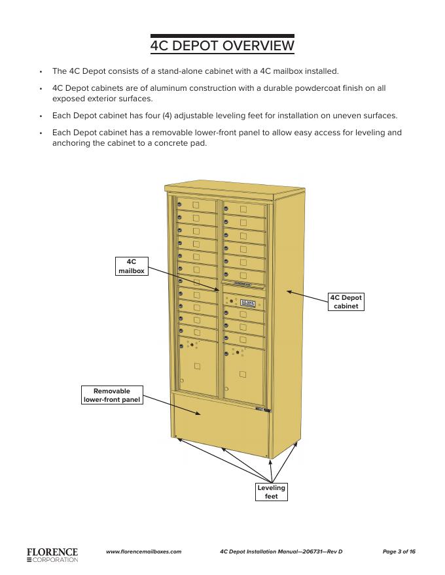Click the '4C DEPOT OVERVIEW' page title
coord(222,46)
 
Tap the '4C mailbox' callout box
coord(131,267)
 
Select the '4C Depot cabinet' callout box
coord(346,302)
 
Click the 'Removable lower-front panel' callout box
coord(112,395)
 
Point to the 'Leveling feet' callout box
coord(271,492)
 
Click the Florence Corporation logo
coord(52,555)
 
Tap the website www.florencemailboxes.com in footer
coord(143,552)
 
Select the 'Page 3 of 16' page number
coord(399,552)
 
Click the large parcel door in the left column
coord(198,369)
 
